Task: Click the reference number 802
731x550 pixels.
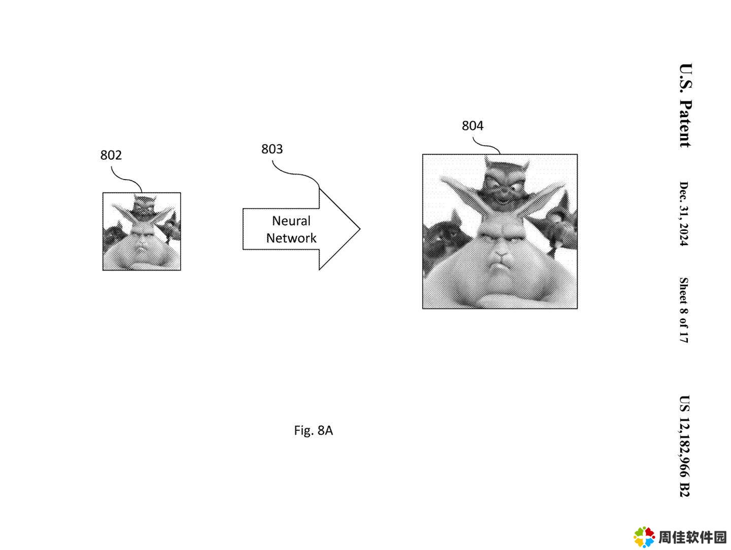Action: pos(111,155)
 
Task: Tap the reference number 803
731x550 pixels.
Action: pos(272,149)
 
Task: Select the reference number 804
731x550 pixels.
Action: pos(472,126)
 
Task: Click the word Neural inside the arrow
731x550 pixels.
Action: pos(291,221)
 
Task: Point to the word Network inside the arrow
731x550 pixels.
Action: pos(291,238)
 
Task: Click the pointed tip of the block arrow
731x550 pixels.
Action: pos(360,229)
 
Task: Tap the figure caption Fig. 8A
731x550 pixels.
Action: pos(313,431)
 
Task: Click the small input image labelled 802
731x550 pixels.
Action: pos(142,231)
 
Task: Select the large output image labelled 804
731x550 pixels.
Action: pos(500,231)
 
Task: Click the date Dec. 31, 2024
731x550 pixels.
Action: pos(683,214)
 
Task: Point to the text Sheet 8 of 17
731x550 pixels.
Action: pos(683,310)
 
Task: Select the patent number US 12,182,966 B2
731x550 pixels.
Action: pos(684,446)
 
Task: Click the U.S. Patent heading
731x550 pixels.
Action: pos(685,105)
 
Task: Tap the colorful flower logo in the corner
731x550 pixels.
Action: pos(644,537)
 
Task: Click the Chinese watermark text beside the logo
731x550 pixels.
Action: pos(692,537)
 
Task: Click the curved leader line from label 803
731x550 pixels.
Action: pos(293,173)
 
